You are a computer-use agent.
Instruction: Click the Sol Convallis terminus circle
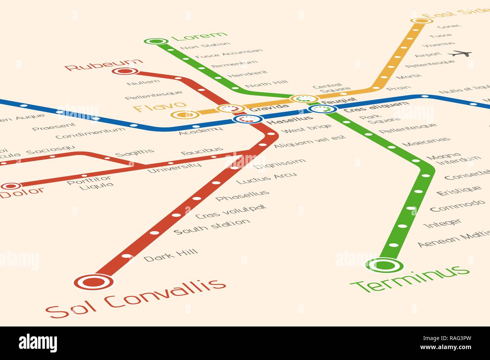pos(93,281)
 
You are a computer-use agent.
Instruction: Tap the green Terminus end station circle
pos(384,265)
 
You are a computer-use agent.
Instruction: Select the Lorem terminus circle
pos(156,41)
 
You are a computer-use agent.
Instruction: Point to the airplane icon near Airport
pos(461,53)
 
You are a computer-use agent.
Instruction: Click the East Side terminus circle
pos(421,21)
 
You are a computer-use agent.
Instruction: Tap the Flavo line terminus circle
pos(184,114)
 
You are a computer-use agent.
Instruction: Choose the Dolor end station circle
pos(11,186)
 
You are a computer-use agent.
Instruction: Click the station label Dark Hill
pos(171,255)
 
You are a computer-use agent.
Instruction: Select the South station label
pos(211,226)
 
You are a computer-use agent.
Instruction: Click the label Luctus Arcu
pos(266,178)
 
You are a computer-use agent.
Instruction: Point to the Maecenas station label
pos(426,142)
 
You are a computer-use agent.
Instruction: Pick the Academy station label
pos(201,131)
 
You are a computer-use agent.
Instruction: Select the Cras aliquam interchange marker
pos(322,109)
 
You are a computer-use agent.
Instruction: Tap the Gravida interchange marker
pos(231,109)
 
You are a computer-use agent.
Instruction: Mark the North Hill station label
pos(267,84)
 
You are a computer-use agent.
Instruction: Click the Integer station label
pos(442,223)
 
